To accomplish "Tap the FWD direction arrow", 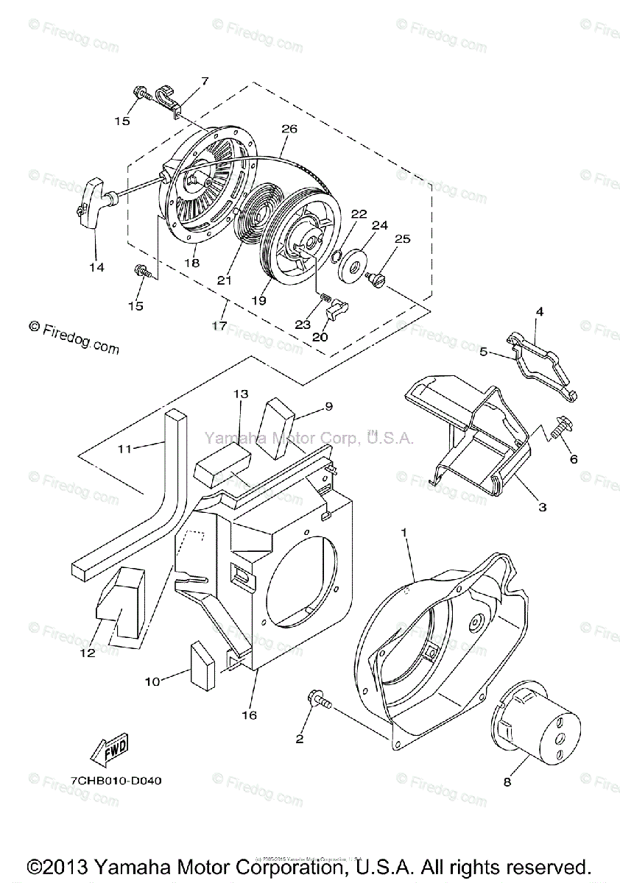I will [109, 748].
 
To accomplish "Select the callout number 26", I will [289, 130].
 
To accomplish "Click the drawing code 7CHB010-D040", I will [117, 780].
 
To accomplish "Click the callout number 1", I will [404, 531].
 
